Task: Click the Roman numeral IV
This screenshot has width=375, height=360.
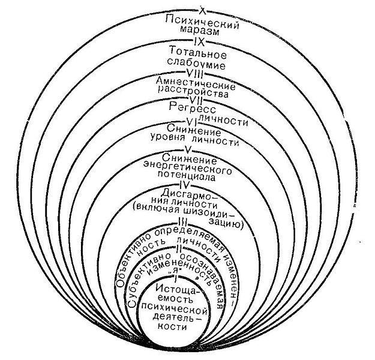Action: point(184,187)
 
